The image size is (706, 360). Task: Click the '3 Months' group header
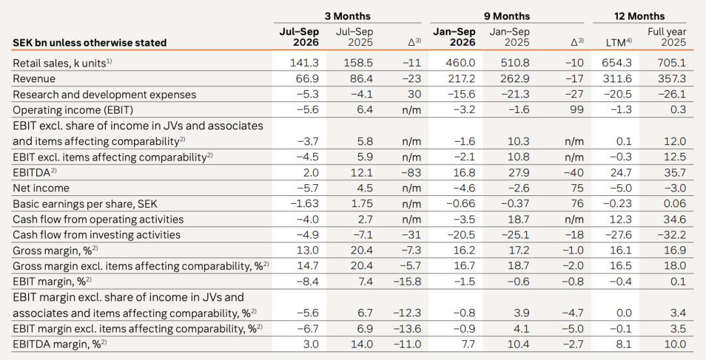pos(348,16)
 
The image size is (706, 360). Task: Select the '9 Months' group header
pos(507,16)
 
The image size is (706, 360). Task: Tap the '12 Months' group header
pos(639,16)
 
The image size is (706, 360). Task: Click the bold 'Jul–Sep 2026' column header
pos(299,37)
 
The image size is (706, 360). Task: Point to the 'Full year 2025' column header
pos(667,37)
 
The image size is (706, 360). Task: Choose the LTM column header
pos(619,42)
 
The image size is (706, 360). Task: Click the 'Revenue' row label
pos(34,79)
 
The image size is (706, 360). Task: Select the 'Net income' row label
pos(41,188)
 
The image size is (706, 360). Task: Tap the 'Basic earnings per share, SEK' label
pos(85,204)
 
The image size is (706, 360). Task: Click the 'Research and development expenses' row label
pos(105,95)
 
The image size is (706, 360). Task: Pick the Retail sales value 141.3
pos(305,63)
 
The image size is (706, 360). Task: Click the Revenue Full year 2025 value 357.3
pos(672,79)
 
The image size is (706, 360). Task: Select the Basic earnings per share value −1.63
pos(305,204)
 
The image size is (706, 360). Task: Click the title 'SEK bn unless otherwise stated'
pos(90,42)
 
